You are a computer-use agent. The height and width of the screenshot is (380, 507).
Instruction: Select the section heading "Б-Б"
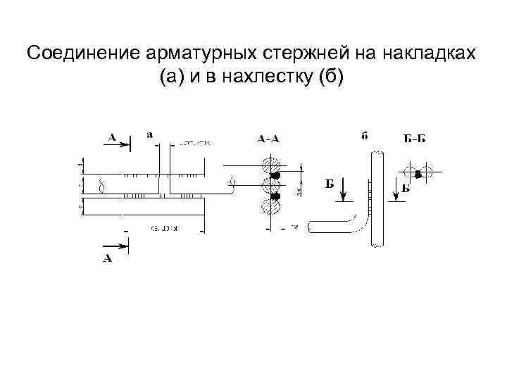click(414, 139)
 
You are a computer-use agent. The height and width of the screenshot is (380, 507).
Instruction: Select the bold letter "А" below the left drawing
click(108, 259)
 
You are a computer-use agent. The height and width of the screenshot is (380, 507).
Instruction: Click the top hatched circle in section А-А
click(268, 167)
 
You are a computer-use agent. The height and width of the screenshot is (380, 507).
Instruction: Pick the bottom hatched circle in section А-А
click(268, 208)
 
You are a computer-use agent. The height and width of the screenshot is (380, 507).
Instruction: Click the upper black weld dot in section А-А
click(277, 175)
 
